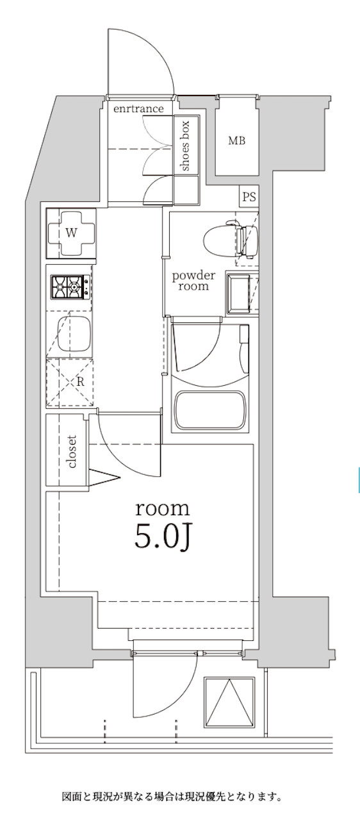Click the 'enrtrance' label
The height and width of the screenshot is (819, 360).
click(x=138, y=108)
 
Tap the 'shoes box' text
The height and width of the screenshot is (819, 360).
click(x=185, y=145)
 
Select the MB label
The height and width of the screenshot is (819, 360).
click(x=236, y=140)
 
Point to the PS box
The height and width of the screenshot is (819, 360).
click(x=249, y=197)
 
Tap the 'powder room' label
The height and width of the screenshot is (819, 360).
click(x=193, y=281)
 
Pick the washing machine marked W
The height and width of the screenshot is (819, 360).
click(x=71, y=233)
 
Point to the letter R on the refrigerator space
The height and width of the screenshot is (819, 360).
click(x=81, y=382)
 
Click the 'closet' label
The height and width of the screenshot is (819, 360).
click(x=72, y=451)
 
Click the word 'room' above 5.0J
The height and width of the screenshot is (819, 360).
click(x=163, y=509)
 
